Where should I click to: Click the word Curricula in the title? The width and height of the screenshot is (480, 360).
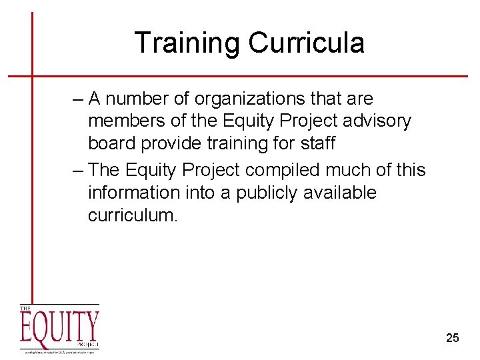tap(307, 43)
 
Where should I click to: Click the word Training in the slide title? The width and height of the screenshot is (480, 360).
tap(188, 43)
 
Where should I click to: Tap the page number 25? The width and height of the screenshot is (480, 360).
tap(452, 338)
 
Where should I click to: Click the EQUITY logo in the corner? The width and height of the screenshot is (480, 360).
tap(59, 329)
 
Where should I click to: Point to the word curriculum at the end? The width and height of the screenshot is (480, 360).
tap(133, 215)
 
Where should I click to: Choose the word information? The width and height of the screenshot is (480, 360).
tap(129, 193)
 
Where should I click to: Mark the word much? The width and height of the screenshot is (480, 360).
tap(359, 170)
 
